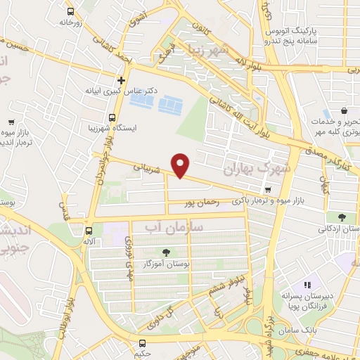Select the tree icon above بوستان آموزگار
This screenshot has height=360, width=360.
coord(166,252)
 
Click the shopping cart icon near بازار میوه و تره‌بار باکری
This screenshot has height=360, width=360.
coord(268,188)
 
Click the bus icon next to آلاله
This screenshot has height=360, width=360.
coord(89,230)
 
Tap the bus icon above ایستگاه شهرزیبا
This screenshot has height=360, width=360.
coord(112,117)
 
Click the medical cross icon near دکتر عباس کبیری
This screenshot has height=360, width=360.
coord(122,80)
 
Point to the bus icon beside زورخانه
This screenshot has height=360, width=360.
coord(71,12)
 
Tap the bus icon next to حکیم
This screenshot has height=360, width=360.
coord(143,344)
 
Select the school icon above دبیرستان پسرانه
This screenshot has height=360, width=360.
coord(307,285)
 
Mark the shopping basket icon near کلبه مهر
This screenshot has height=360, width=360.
coord(344,111)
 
